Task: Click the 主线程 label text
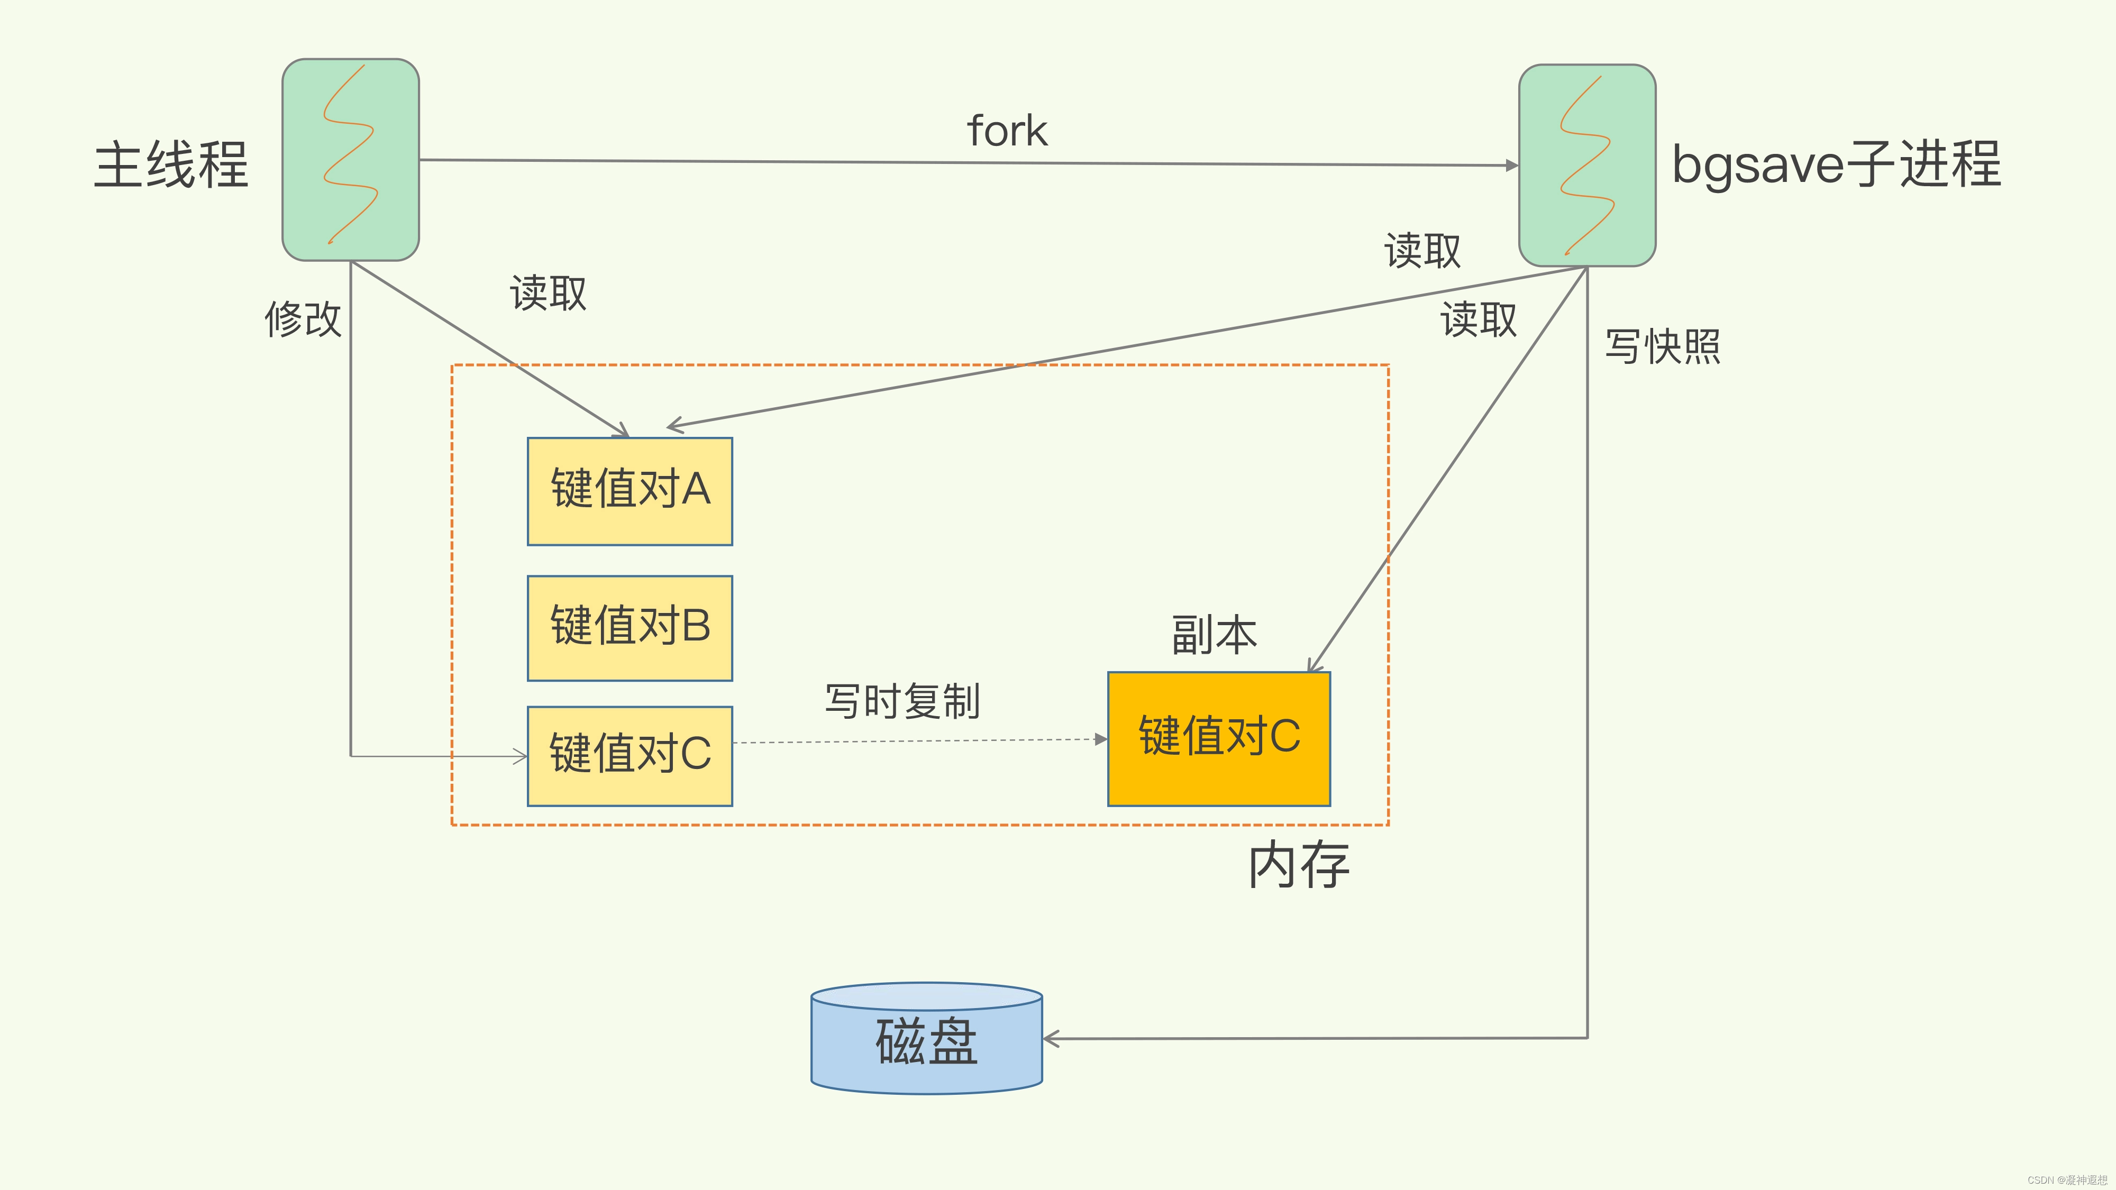coord(171,165)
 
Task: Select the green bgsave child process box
coord(1587,165)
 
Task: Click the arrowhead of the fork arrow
coord(1511,165)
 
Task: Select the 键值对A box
coord(629,491)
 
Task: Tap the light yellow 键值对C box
coord(629,756)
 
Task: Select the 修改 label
coord(302,318)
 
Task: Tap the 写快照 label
coord(1663,346)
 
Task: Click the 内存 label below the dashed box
coord(1298,865)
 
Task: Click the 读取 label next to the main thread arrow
coord(548,293)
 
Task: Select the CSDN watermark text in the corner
coord(2066,1180)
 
